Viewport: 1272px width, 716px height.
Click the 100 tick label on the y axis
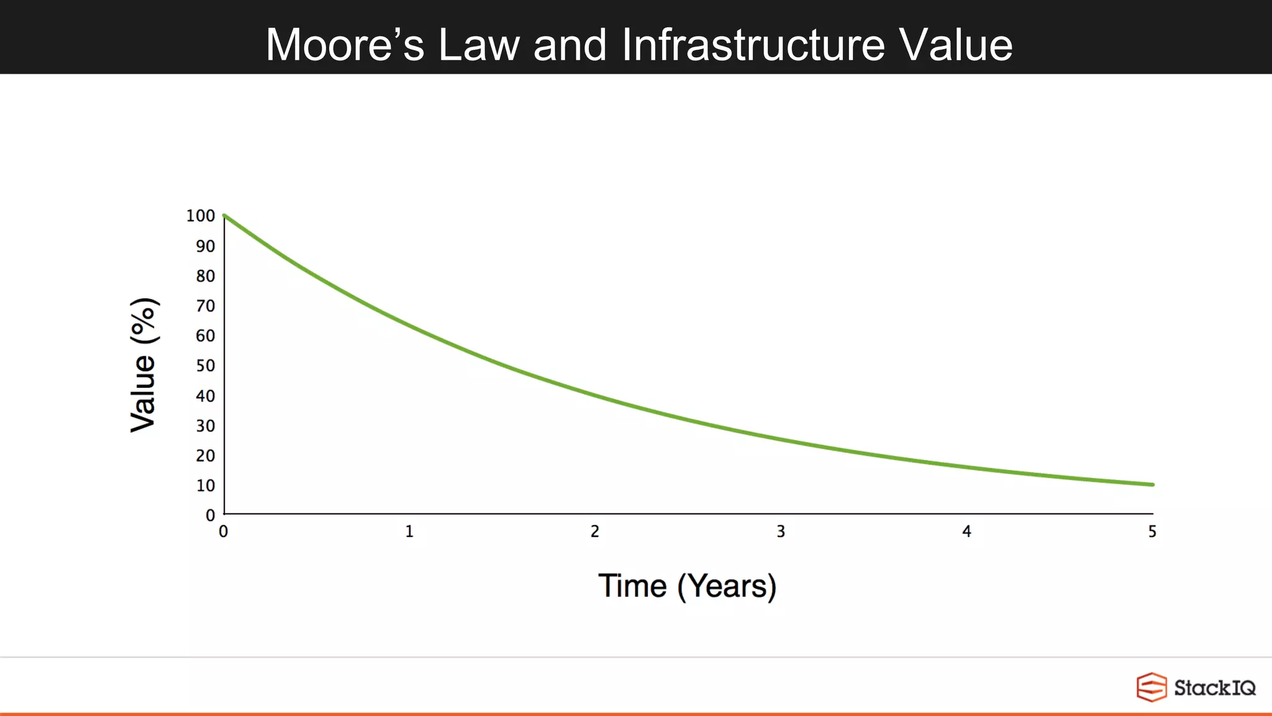(200, 216)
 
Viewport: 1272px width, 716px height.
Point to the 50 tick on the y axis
(206, 365)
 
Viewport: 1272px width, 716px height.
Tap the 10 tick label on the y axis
(206, 485)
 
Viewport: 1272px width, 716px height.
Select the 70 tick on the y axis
(206, 306)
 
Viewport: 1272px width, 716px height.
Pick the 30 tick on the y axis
(206, 426)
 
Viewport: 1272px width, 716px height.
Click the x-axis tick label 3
(781, 531)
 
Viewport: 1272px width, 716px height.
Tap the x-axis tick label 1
(409, 531)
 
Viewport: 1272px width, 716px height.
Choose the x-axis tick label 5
(1152, 531)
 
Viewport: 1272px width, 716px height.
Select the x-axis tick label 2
(595, 531)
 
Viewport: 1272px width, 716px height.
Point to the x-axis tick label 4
(966, 531)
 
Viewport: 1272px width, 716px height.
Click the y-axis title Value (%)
(143, 365)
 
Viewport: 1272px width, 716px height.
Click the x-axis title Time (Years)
(687, 586)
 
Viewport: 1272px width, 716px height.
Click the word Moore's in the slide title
(345, 45)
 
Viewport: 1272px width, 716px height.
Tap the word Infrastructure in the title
(753, 45)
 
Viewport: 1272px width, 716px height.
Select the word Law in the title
(478, 45)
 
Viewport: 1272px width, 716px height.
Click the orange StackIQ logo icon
(1152, 687)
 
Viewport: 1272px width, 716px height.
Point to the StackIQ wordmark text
(1214, 688)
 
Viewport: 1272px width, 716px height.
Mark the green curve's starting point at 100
(224, 216)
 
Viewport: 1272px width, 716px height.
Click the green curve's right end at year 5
(1152, 485)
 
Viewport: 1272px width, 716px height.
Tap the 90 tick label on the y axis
(206, 246)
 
